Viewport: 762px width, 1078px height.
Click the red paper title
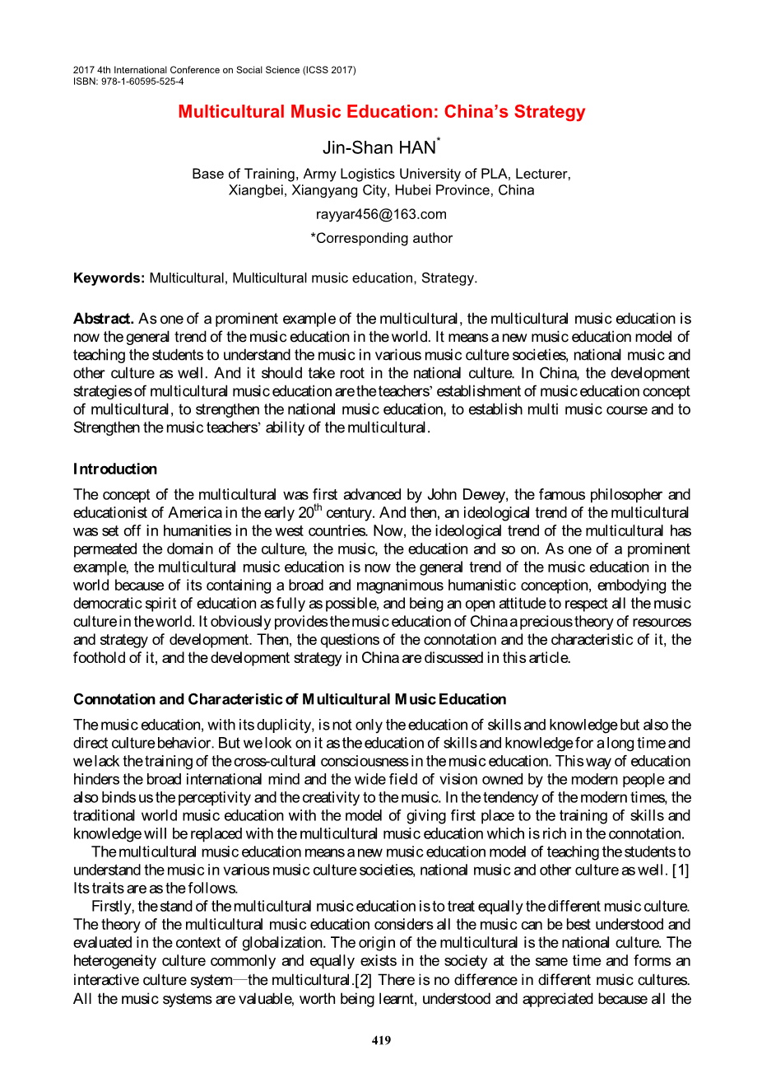[x=381, y=112]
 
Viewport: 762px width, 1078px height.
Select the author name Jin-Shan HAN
[x=379, y=148]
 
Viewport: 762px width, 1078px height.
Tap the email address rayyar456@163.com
[x=381, y=214]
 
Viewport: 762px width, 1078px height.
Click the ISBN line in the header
[x=128, y=82]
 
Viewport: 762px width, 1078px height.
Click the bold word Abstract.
[x=104, y=319]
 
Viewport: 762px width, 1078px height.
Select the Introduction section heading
[x=115, y=469]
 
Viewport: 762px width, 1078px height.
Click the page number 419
[x=381, y=1040]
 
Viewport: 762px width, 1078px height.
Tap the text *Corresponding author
[x=381, y=238]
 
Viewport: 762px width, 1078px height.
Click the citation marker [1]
[x=681, y=870]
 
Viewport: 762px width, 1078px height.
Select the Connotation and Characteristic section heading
[x=290, y=700]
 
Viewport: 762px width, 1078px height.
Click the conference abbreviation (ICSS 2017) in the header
[x=330, y=70]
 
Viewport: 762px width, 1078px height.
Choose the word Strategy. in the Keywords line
[x=448, y=278]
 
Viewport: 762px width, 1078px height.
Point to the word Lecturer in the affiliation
[x=542, y=174]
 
